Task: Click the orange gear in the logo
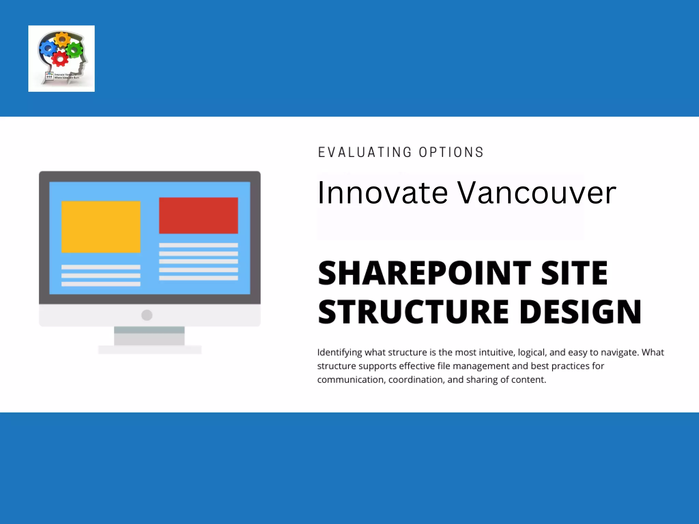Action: tap(62, 39)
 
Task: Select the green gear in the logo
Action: tap(74, 50)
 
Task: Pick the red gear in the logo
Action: tap(60, 59)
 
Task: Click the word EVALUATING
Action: tap(365, 152)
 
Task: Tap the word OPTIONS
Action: tap(451, 152)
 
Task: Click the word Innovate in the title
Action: tap(382, 193)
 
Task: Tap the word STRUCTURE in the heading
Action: tap(413, 312)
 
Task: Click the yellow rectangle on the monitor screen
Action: tap(101, 227)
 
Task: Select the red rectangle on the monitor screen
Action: tap(198, 215)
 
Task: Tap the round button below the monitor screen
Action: tap(147, 315)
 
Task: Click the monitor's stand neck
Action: tap(149, 336)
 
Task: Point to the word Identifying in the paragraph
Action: tap(339, 352)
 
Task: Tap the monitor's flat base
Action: tap(149, 350)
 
